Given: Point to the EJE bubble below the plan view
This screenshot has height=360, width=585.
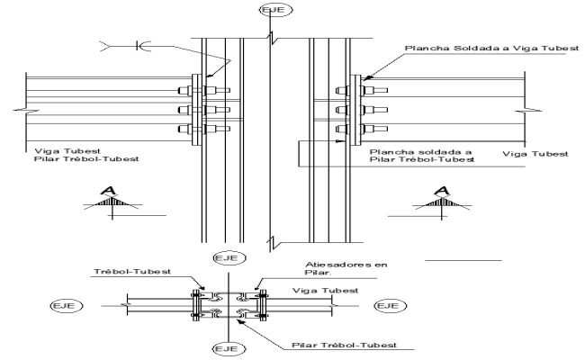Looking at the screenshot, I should pyautogui.click(x=223, y=347).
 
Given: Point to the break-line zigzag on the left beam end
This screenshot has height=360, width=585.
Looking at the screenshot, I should pyautogui.click(x=20, y=109).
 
